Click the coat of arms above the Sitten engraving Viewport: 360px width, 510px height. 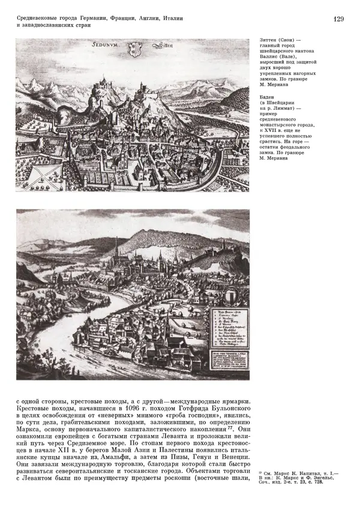(x=136, y=47)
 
